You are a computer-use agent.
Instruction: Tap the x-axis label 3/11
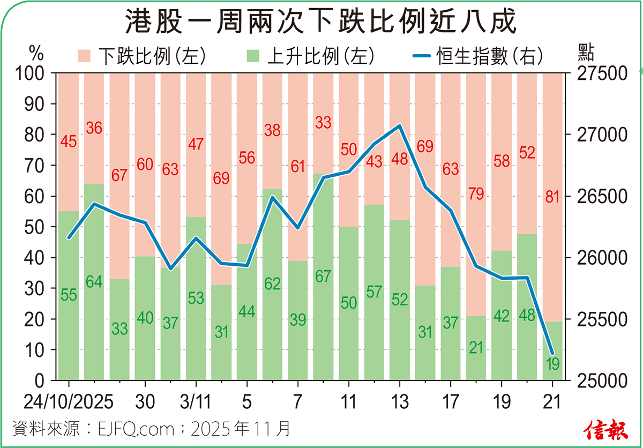tap(195, 402)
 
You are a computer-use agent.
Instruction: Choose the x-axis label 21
tap(552, 402)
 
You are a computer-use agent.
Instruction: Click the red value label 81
tap(552, 197)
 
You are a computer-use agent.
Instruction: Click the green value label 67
tap(323, 277)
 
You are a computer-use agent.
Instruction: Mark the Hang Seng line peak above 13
tap(399, 126)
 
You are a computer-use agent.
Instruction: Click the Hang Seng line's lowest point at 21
tap(552, 353)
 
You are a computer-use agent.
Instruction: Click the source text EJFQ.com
tap(136, 429)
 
